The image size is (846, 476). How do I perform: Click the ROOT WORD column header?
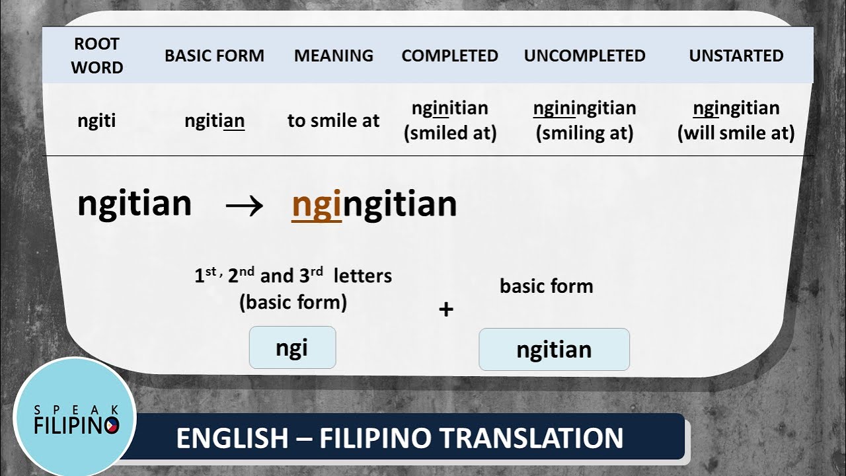97,56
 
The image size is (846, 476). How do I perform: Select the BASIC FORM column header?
214,56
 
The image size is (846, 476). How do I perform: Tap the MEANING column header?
333,56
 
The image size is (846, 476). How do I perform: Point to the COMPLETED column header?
449,56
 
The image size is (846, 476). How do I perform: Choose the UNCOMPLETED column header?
584,56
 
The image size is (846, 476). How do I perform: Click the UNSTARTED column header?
736,56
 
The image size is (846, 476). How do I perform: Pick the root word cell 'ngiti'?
97,121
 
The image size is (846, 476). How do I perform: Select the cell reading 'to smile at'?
333,121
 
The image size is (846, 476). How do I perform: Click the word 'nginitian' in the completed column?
449,108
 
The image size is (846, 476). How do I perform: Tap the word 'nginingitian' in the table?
584,108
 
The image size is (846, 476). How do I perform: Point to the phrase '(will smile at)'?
736,134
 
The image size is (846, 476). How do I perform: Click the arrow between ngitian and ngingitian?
244,205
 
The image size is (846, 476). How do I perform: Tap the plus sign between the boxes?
446,309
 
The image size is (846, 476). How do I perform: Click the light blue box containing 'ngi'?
292,348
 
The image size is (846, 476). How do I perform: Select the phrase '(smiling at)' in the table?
584,134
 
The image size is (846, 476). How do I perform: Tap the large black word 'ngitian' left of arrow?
134,204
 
